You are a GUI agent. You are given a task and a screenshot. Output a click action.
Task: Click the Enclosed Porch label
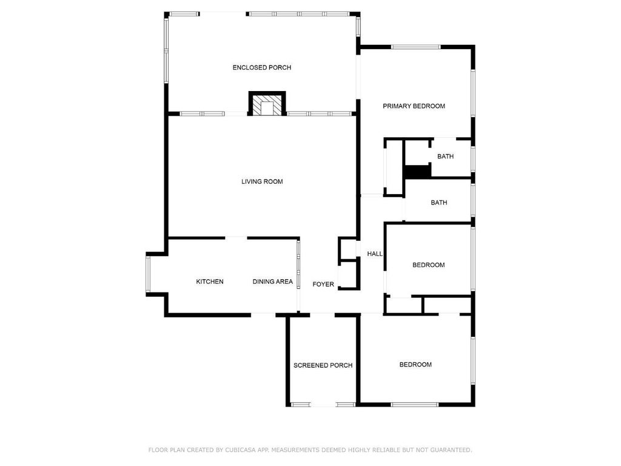click(x=261, y=67)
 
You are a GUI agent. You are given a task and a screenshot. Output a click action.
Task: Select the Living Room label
click(x=262, y=181)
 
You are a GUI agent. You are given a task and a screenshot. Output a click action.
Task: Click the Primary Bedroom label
click(x=414, y=106)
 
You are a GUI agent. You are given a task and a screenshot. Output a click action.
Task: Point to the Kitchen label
click(x=210, y=282)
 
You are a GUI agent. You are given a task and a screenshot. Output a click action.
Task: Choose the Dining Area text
click(x=272, y=282)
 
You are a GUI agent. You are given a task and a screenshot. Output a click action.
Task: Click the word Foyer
click(x=323, y=284)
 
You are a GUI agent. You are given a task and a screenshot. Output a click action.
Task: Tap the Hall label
click(x=375, y=254)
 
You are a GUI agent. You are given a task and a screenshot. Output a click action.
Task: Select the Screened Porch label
click(x=323, y=365)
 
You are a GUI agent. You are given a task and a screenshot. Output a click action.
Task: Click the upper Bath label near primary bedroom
click(x=445, y=157)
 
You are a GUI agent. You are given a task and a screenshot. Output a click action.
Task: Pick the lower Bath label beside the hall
click(x=438, y=203)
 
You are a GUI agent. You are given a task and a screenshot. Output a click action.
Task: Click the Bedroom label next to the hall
click(x=428, y=265)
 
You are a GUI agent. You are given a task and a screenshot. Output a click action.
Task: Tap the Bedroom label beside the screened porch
click(x=415, y=365)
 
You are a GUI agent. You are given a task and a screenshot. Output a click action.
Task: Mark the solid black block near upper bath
click(x=417, y=172)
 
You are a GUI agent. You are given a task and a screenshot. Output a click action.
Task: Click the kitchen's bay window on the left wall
click(x=147, y=275)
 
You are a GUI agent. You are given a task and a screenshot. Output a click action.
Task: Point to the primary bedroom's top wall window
click(x=415, y=47)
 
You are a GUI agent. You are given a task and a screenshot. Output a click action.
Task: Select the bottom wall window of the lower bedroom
click(x=414, y=404)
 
